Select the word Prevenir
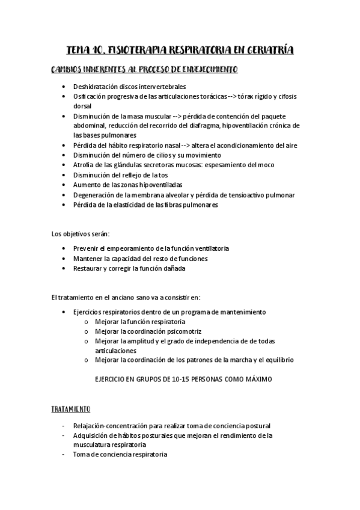[x=85, y=248]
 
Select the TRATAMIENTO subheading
[x=70, y=409]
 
